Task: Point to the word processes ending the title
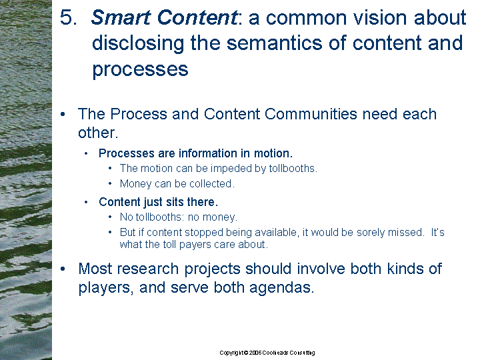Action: [140, 69]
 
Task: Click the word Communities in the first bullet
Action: [311, 114]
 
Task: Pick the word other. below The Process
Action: [98, 133]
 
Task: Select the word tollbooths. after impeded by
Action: [293, 169]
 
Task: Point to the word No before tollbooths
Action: [127, 217]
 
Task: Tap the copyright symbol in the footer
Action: [246, 353]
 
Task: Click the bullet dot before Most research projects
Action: [63, 269]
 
